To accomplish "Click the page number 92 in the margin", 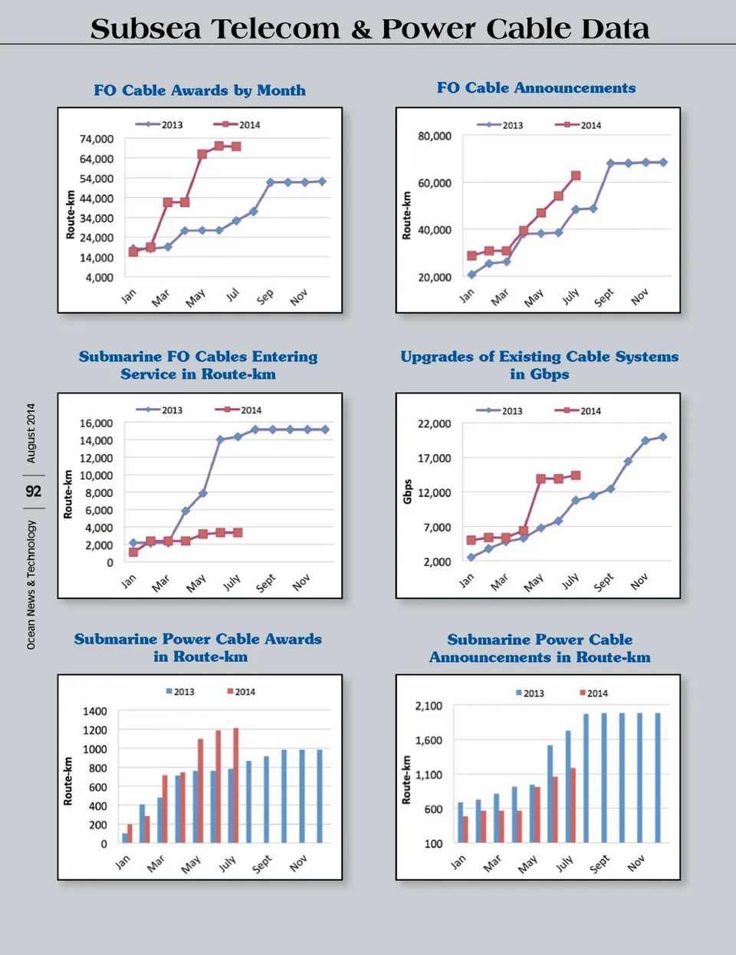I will [33, 491].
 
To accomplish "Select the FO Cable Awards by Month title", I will [199, 91].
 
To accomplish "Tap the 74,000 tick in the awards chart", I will [97, 139].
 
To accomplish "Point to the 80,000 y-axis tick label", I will [435, 136].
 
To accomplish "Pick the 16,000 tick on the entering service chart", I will [97, 423].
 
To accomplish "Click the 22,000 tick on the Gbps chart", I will [435, 423].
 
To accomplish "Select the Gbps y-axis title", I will [407, 492].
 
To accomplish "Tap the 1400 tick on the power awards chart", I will [95, 711].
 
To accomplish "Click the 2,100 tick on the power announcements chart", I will [429, 706].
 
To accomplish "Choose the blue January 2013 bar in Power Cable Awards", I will [125, 838].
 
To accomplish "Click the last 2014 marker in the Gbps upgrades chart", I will [576, 476].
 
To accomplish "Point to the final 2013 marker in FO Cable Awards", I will [322, 182].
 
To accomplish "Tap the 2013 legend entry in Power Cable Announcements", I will [529, 693].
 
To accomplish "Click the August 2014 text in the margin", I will [31, 433].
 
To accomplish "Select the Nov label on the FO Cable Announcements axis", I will [639, 297].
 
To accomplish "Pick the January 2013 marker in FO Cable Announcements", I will [472, 274].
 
